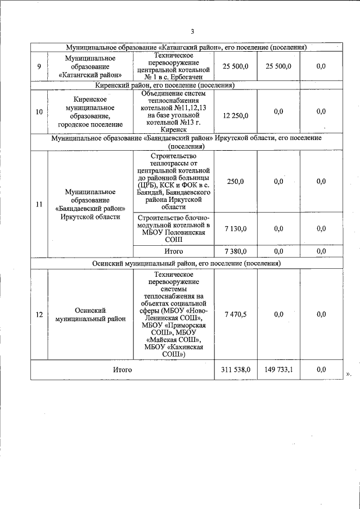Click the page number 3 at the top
click(192, 31)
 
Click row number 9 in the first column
click(39, 66)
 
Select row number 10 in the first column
click(39, 112)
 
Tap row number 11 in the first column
click(39, 204)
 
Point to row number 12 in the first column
click(39, 314)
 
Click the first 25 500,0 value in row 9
click(236, 66)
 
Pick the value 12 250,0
click(236, 115)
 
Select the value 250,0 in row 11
click(236, 181)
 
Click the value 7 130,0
click(236, 228)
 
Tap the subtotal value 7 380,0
click(236, 251)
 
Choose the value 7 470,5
click(236, 314)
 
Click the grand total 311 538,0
click(236, 370)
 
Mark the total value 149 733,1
click(278, 370)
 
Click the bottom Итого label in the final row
click(122, 370)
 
